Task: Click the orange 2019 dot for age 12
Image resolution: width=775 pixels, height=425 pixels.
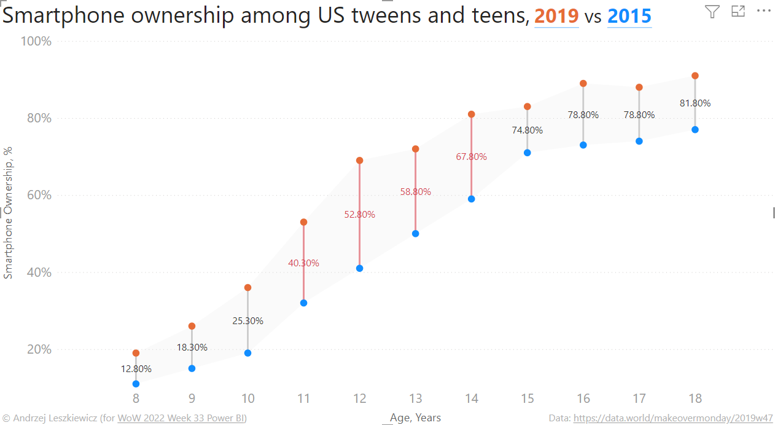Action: pos(359,161)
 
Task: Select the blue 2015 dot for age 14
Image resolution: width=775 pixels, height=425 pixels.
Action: pos(471,199)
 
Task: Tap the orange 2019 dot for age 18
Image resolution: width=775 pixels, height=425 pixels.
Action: pos(695,76)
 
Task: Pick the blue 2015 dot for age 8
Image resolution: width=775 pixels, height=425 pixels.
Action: pos(136,384)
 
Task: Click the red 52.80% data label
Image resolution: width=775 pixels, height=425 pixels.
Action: pos(359,215)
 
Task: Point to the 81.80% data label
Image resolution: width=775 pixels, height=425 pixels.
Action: pos(695,103)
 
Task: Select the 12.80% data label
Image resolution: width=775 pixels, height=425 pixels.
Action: pos(136,369)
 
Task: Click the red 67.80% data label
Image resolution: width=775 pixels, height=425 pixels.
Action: pos(471,157)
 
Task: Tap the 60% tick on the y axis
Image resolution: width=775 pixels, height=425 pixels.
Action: pos(37,196)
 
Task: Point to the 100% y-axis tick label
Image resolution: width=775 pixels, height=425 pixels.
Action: pos(36,41)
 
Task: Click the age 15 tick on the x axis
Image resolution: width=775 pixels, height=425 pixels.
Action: pos(527,399)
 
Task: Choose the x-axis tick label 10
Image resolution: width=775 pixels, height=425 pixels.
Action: pos(247,399)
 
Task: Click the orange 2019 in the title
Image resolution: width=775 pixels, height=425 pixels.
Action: pos(556,16)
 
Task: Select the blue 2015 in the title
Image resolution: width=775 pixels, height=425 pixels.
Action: pos(629,16)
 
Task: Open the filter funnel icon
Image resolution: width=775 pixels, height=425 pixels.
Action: pos(712,11)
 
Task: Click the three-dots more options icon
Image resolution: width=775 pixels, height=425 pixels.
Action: pos(763,11)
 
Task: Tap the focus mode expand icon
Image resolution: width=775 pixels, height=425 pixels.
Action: pos(738,11)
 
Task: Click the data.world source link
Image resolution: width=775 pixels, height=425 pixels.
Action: pos(673,418)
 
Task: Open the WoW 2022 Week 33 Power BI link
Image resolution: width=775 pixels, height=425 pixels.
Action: pos(181,418)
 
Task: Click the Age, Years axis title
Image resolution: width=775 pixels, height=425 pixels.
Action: pos(415,418)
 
